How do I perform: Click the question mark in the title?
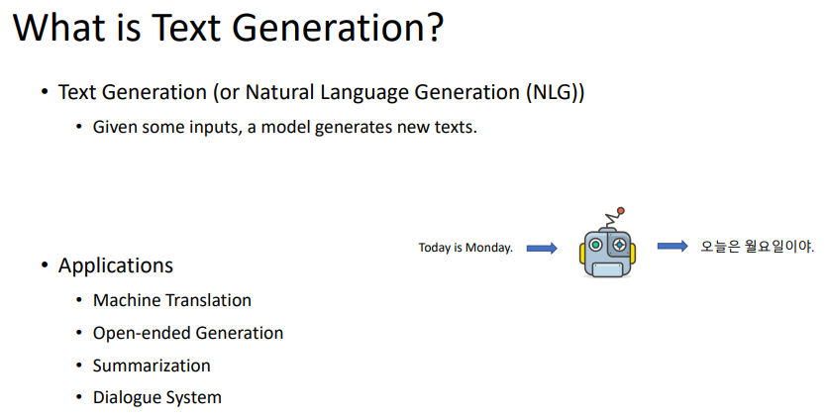(432, 27)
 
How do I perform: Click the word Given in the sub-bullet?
(108, 127)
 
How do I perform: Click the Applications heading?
(116, 265)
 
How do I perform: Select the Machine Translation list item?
(172, 300)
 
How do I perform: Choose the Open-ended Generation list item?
(188, 333)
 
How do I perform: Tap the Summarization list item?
(152, 366)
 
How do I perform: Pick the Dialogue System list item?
(157, 398)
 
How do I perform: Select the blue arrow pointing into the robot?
(542, 248)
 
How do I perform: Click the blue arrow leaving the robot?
(672, 246)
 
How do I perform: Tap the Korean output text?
(757, 247)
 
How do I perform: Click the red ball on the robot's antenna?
(621, 211)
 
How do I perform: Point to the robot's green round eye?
(596, 245)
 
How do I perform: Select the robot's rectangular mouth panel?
(607, 269)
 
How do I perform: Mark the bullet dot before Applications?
(45, 264)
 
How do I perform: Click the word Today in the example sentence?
(435, 248)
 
